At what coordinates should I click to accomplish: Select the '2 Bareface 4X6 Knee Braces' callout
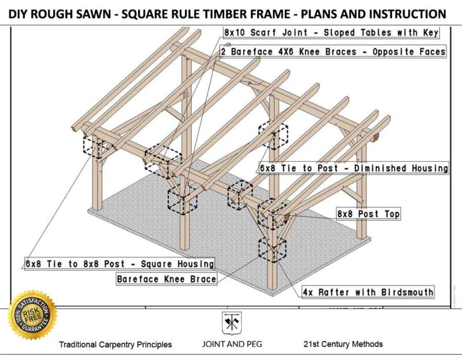point(334,51)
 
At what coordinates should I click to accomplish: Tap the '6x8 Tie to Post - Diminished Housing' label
point(353,168)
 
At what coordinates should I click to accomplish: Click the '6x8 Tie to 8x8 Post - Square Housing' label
point(120,263)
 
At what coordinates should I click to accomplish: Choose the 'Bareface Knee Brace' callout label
point(166,279)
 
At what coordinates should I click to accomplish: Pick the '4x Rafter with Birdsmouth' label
point(368,292)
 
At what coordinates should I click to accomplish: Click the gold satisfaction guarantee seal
point(32,315)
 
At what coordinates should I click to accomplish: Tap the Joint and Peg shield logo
point(232,322)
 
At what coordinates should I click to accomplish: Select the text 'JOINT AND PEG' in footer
point(231,344)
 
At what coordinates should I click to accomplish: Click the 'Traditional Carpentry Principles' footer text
point(115,344)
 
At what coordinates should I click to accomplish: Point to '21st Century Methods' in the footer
point(343,344)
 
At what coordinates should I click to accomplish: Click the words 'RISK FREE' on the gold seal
point(32,314)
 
